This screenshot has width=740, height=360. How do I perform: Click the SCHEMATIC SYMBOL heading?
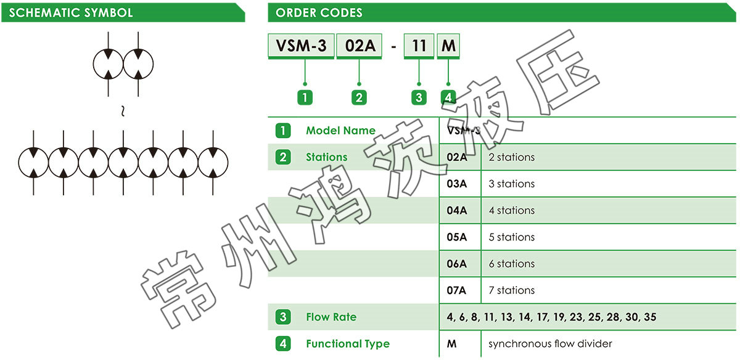[x=71, y=12]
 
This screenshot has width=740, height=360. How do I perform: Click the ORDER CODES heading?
[x=319, y=12]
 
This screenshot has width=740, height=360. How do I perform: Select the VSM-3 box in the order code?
[x=301, y=46]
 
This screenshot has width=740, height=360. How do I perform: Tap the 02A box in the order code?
[x=360, y=46]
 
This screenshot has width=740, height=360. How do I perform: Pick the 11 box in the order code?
[x=419, y=46]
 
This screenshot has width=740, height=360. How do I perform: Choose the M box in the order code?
[x=448, y=46]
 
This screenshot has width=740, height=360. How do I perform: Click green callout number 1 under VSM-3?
[x=305, y=97]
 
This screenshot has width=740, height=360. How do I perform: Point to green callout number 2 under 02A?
[x=359, y=97]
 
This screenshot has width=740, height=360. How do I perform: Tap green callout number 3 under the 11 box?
[x=419, y=97]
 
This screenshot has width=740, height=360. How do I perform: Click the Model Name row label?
[x=340, y=131]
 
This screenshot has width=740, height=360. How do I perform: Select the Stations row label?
[x=327, y=157]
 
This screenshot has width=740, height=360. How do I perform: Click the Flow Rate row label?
[x=331, y=317]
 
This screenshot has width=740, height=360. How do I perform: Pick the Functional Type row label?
[x=348, y=344]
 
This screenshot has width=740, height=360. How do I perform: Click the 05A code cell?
[x=457, y=237]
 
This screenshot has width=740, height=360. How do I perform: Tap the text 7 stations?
[x=511, y=290]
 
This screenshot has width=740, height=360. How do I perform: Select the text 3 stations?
[x=511, y=184]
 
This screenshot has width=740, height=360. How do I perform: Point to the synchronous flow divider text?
[x=550, y=344]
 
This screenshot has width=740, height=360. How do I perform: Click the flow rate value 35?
[x=650, y=317]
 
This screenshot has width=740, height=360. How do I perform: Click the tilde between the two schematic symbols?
[x=123, y=112]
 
